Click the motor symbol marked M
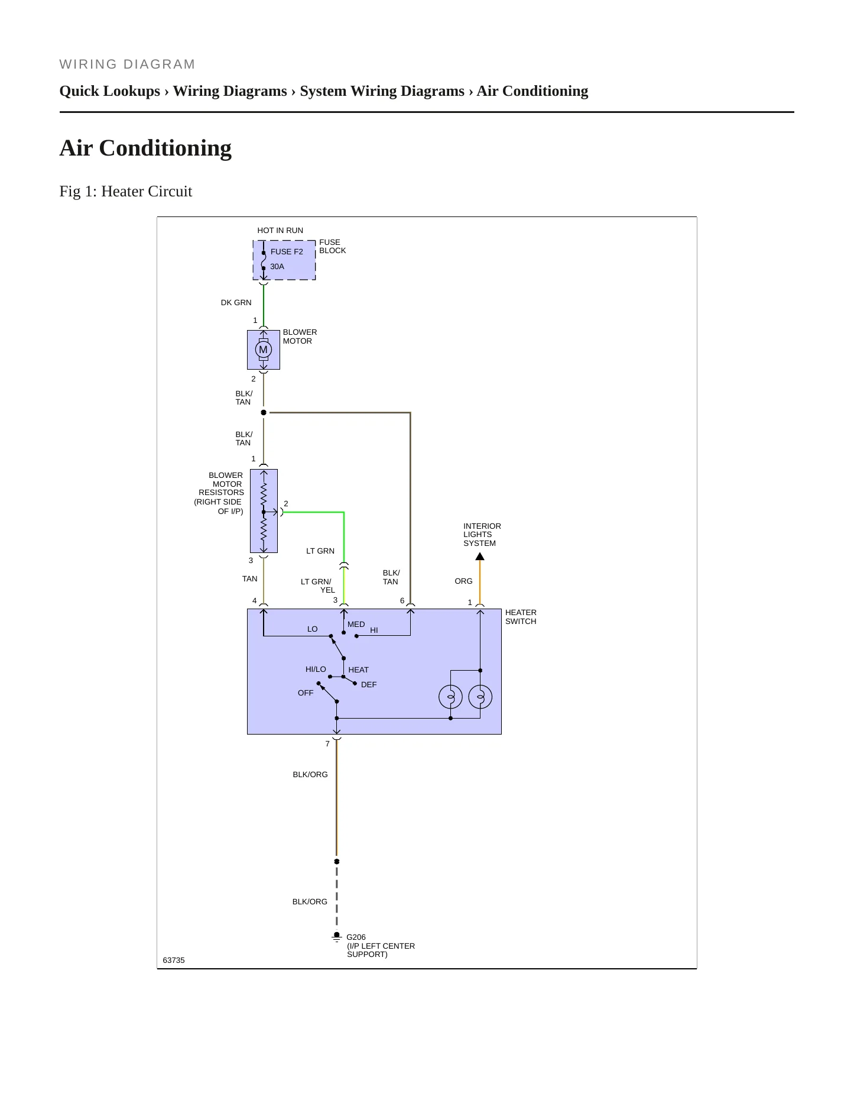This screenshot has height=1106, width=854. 264,350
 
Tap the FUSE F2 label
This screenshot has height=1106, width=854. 287,251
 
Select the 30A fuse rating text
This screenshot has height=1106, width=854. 277,267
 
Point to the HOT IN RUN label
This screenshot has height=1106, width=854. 280,230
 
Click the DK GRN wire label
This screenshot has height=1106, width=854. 236,302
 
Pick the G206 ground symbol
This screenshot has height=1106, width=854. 337,937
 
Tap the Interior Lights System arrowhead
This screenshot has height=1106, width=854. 480,556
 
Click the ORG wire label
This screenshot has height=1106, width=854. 463,581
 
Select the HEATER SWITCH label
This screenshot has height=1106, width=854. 521,617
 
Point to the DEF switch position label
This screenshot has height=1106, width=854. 369,684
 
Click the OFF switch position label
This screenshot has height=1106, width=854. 306,693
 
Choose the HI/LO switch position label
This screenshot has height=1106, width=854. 316,669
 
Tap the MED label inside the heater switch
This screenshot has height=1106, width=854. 356,624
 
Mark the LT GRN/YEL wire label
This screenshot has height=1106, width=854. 317,586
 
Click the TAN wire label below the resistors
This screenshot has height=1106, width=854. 249,578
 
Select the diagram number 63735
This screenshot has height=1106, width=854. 174,960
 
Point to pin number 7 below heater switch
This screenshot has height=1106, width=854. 327,743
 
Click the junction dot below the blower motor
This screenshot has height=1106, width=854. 264,412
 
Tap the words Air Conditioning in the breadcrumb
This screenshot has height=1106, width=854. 532,91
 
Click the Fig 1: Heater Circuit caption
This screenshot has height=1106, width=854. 126,191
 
